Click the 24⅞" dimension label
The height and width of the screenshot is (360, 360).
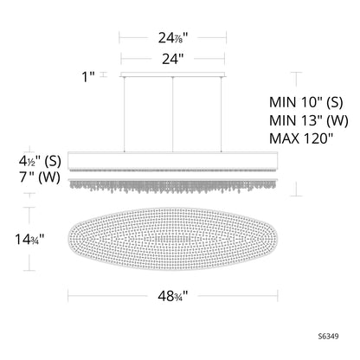174,38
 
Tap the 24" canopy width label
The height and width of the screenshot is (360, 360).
174,59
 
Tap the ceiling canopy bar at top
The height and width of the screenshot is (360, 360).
174,75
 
